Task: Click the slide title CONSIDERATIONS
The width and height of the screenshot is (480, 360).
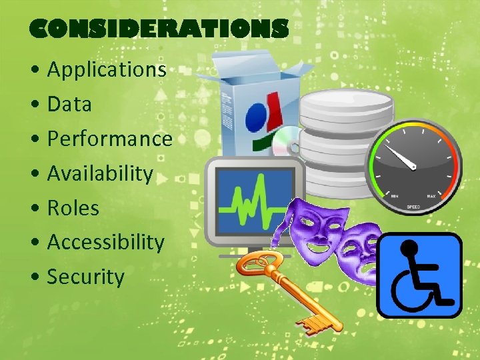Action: [159, 29]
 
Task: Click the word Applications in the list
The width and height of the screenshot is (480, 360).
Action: [107, 69]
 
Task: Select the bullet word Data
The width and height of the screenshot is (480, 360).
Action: [69, 104]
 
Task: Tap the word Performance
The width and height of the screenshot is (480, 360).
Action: [110, 139]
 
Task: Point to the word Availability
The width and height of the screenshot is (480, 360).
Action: [100, 173]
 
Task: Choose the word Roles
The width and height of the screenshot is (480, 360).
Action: [73, 208]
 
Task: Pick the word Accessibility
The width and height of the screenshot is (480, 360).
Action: [105, 242]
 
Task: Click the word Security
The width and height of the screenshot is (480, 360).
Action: [85, 277]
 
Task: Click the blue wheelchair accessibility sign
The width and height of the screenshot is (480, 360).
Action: [419, 275]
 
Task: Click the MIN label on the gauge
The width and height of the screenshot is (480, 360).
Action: [395, 196]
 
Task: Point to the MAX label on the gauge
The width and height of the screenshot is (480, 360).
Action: [433, 196]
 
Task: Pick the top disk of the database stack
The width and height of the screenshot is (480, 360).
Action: [346, 107]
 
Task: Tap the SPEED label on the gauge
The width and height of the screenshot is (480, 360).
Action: [414, 207]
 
